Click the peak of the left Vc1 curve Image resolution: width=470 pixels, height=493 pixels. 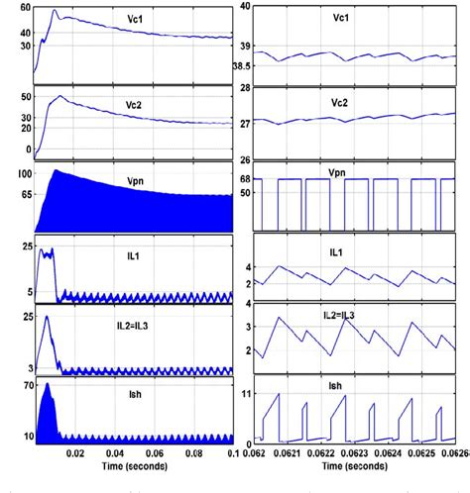55,12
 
